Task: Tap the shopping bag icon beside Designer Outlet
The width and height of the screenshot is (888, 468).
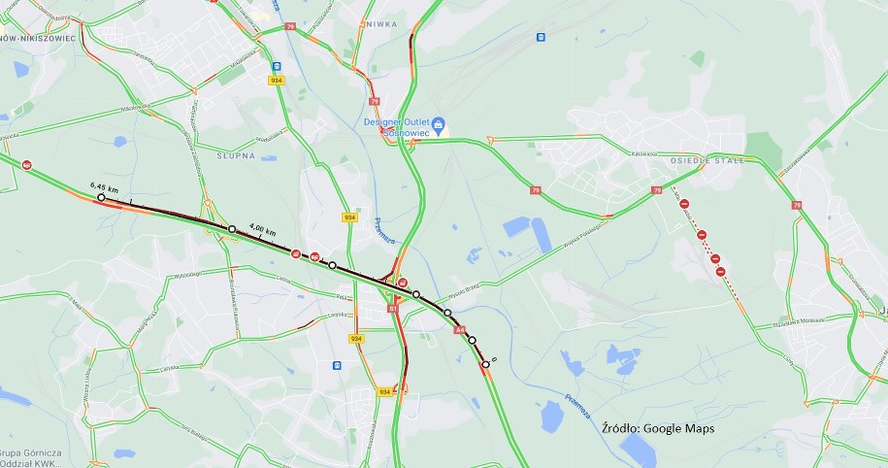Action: point(438,123)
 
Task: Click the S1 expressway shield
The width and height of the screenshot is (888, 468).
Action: point(392,308)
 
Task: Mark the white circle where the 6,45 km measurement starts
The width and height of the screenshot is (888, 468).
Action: point(101,198)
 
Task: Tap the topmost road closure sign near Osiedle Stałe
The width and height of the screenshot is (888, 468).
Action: point(684,203)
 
